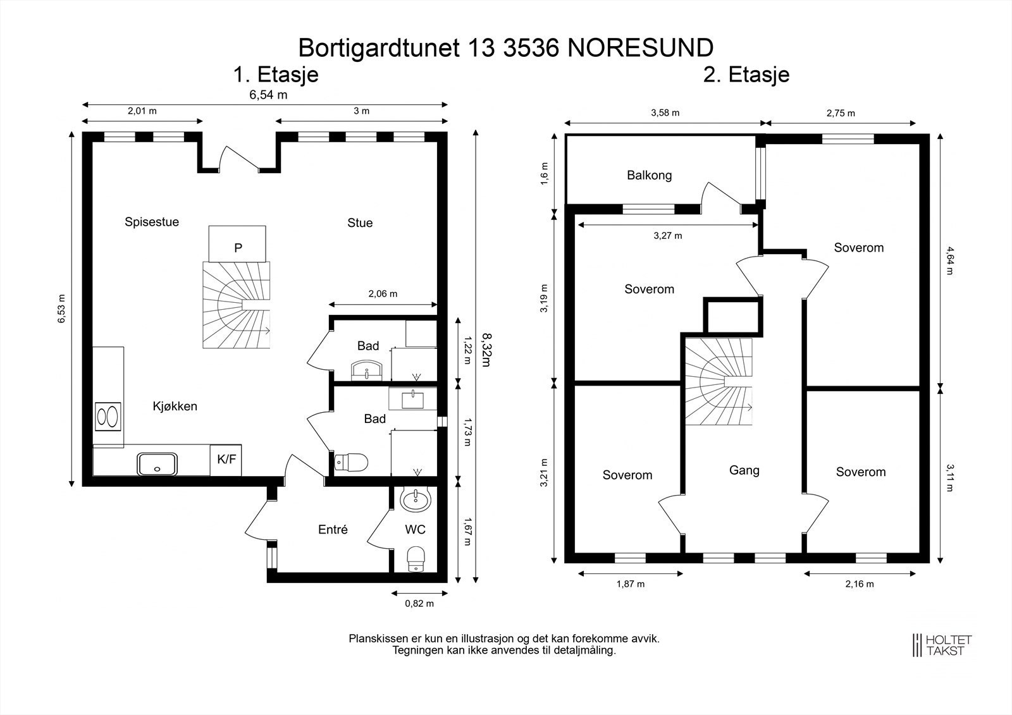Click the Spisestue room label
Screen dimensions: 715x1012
tap(152, 222)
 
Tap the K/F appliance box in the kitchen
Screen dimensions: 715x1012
tap(226, 460)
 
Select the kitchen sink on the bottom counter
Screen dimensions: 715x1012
tap(157, 464)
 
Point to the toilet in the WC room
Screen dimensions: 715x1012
tap(416, 558)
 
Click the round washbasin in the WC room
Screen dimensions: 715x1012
tap(416, 500)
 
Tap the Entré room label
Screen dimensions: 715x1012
tap(333, 530)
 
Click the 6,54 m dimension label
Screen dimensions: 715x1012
tap(268, 95)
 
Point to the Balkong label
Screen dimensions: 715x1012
tap(649, 175)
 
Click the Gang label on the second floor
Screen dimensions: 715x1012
tap(744, 470)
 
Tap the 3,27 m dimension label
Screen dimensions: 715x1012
tap(667, 236)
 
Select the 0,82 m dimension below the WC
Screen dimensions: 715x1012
tap(419, 604)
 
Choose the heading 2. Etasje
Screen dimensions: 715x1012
tap(746, 75)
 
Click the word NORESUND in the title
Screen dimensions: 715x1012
tap(641, 47)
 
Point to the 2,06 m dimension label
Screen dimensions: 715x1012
tap(383, 293)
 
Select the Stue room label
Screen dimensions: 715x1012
tap(360, 223)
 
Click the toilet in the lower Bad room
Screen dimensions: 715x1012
tap(351, 463)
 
